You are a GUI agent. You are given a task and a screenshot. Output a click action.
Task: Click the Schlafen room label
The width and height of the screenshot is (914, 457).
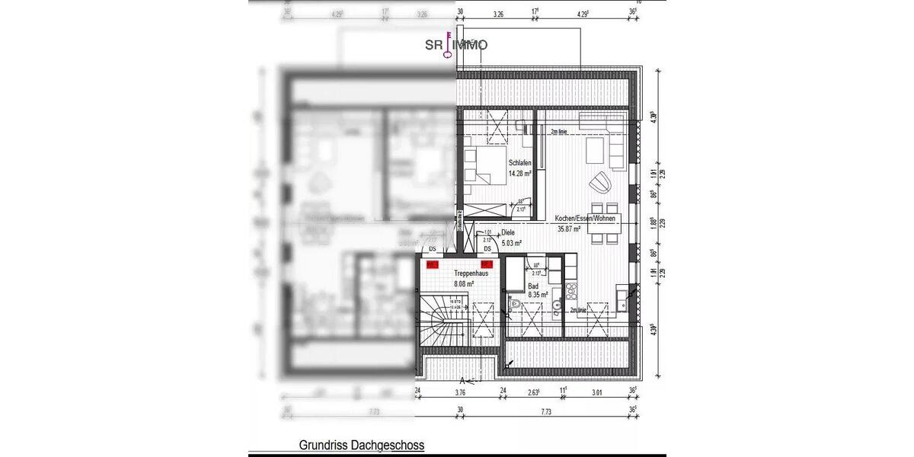(x=520, y=162)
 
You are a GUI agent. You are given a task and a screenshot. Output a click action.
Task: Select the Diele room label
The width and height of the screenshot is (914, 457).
(x=508, y=234)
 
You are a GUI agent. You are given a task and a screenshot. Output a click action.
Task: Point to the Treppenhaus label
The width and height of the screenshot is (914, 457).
(x=471, y=273)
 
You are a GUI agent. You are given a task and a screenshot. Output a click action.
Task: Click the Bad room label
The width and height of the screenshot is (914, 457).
(x=533, y=286)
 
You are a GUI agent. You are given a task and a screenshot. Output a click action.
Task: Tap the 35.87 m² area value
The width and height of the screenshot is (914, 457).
(x=569, y=228)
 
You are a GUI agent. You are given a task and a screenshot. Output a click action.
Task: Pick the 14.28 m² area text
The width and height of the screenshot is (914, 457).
(x=520, y=173)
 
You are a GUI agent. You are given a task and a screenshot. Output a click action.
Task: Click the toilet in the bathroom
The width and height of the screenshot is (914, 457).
(x=515, y=305)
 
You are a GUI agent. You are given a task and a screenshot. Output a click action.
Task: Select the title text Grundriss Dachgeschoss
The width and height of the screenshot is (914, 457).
(x=361, y=445)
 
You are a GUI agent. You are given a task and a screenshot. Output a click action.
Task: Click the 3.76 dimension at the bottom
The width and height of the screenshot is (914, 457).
(x=460, y=395)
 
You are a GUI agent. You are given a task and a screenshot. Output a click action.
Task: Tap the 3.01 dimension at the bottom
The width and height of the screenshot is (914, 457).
(x=597, y=395)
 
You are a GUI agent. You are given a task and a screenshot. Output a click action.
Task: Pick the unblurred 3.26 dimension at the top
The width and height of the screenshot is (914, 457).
(x=499, y=14)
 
